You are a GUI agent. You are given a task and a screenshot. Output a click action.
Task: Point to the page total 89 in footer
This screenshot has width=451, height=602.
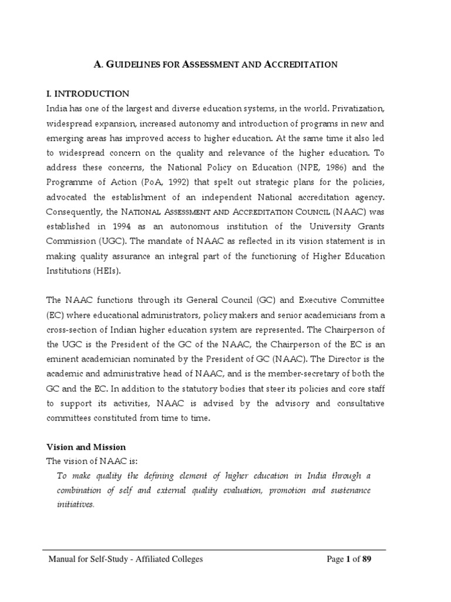[364, 559]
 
